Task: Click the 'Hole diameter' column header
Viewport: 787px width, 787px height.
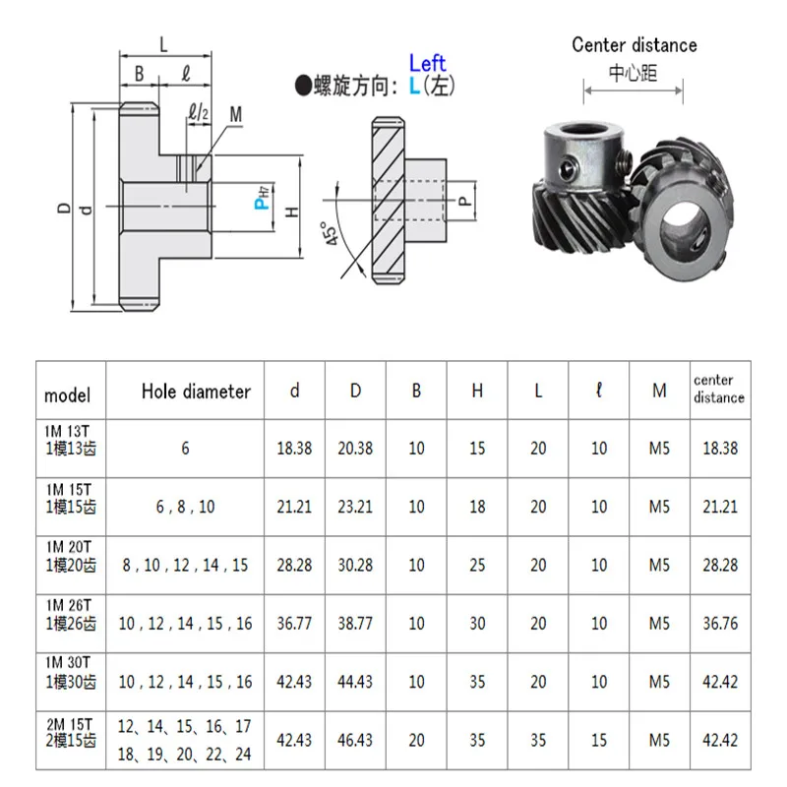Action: point(196,392)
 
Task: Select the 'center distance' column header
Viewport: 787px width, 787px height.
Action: point(718,390)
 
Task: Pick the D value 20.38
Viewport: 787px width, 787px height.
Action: point(355,449)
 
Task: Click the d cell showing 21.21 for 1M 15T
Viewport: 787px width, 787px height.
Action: point(294,507)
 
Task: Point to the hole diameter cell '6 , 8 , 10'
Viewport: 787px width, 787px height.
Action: point(185,507)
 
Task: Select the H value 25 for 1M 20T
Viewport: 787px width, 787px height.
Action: point(477,565)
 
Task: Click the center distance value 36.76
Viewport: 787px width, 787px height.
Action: point(718,623)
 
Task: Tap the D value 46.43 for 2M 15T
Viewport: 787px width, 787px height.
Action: point(355,739)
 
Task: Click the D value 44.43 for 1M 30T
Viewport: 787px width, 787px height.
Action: point(355,681)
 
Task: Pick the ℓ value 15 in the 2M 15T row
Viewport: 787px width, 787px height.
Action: point(599,739)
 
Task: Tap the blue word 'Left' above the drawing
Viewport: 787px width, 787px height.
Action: point(427,64)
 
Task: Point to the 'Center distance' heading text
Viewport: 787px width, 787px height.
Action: point(635,44)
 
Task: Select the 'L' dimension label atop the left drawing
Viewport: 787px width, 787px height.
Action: point(163,42)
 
